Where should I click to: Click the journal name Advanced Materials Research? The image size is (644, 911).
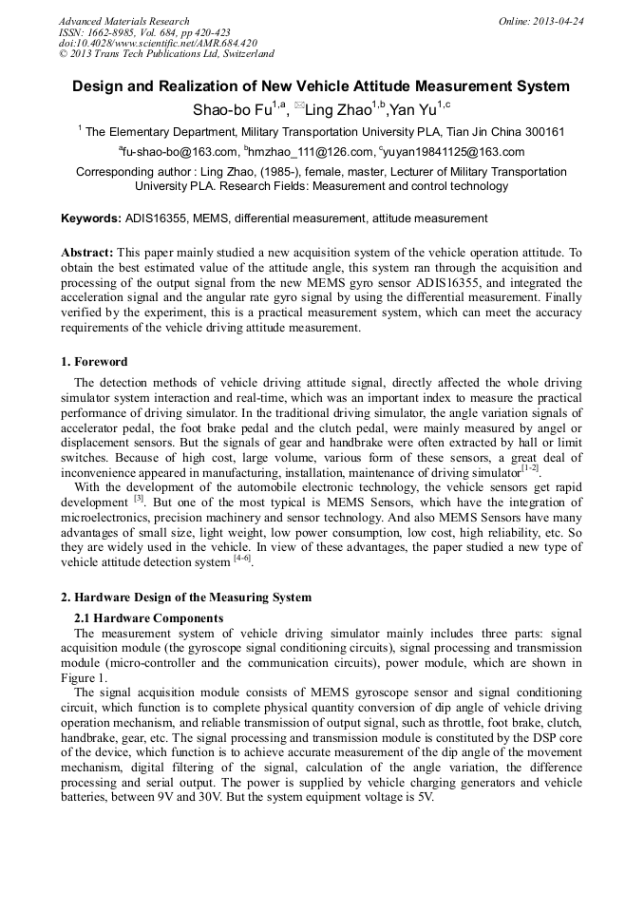124,21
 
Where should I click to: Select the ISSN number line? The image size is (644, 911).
138,32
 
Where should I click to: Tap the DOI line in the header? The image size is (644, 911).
158,44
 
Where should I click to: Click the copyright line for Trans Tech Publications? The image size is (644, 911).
166,54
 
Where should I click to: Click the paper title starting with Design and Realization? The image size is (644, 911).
321,86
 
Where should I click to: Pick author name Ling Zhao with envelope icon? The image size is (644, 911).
338,109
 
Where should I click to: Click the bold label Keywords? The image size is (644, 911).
91,218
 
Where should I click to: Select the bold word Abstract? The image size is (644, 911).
87,253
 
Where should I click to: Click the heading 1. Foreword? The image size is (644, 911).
94,362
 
